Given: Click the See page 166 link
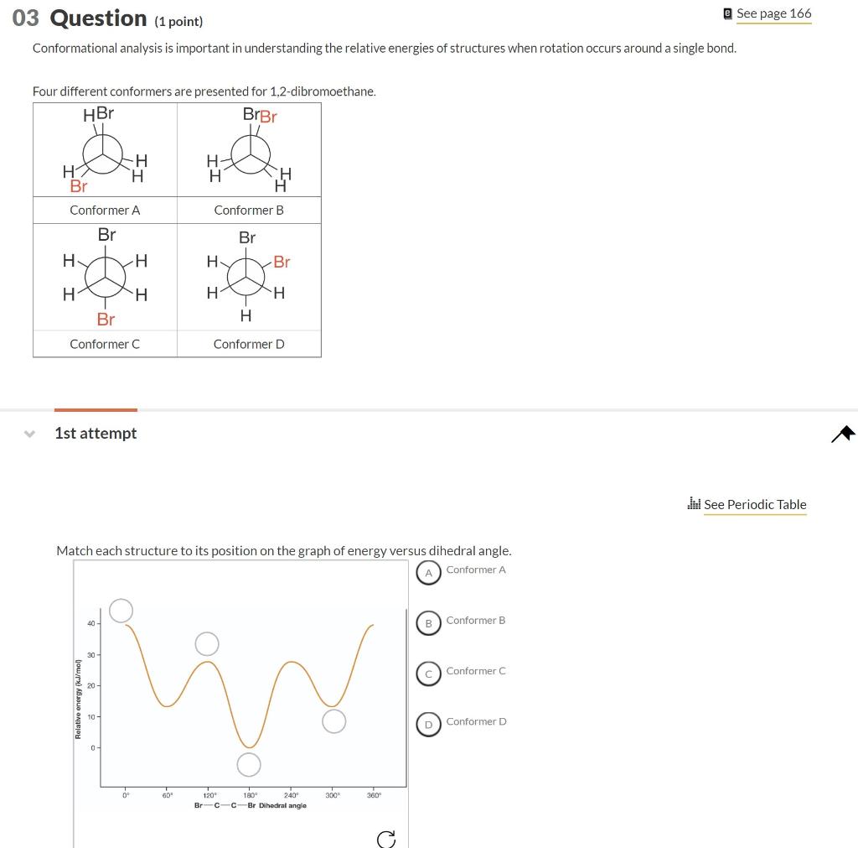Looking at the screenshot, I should pyautogui.click(x=773, y=13).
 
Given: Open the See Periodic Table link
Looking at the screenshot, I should pyautogui.click(x=754, y=504).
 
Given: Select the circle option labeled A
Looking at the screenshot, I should pyautogui.click(x=428, y=572).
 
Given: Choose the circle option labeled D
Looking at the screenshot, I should pyautogui.click(x=428, y=724).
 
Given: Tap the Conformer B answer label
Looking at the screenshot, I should pyautogui.click(x=475, y=621).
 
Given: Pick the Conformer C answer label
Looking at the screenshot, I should pyautogui.click(x=475, y=671).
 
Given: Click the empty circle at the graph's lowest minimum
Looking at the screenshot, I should pyautogui.click(x=249, y=764).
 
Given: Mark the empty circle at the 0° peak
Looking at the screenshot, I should pyautogui.click(x=121, y=611).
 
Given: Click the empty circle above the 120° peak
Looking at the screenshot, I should pyautogui.click(x=207, y=644).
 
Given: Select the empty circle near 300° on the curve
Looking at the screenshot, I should pyautogui.click(x=333, y=721).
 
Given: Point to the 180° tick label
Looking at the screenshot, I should pyautogui.click(x=250, y=795).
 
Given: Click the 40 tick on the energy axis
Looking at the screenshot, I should pyautogui.click(x=90, y=623).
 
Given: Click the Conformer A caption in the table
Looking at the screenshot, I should pyautogui.click(x=105, y=211).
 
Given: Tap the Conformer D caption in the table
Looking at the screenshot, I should pyautogui.click(x=249, y=344).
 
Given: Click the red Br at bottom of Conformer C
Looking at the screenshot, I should pyautogui.click(x=106, y=319).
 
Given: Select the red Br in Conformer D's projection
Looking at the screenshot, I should pyautogui.click(x=282, y=262).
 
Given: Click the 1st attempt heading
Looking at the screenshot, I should pyautogui.click(x=96, y=433).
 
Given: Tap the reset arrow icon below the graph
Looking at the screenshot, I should pyautogui.click(x=385, y=839).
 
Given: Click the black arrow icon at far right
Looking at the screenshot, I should pyautogui.click(x=844, y=433).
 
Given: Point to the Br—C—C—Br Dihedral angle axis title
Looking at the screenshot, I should pyautogui.click(x=250, y=805).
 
